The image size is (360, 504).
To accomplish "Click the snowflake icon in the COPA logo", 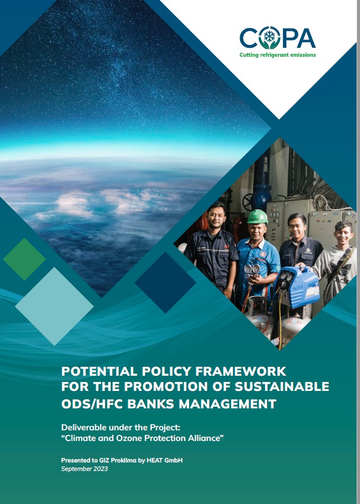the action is coord(269,37).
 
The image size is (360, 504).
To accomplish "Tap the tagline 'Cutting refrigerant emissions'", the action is coord(278,55).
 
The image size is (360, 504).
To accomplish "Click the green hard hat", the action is coord(257,217).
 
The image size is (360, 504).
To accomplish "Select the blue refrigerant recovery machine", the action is coord(296,287).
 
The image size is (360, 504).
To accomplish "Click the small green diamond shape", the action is coord(24,259).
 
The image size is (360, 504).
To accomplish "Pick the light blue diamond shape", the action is coord(55,307).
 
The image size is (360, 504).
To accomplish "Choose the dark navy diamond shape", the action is coord(165,282).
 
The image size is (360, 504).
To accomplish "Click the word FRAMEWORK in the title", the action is coord(241,371).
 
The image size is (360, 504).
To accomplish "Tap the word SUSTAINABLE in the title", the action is coord(282,386).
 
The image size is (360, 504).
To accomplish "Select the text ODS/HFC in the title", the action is coord(92,404).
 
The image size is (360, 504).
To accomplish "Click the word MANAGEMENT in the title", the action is coord(228,404).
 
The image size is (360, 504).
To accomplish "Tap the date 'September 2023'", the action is coord(84,469).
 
